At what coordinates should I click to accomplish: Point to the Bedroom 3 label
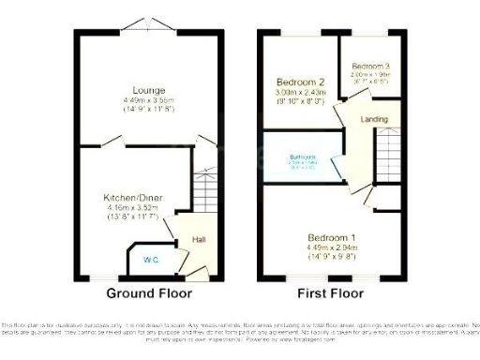pos(369,67)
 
